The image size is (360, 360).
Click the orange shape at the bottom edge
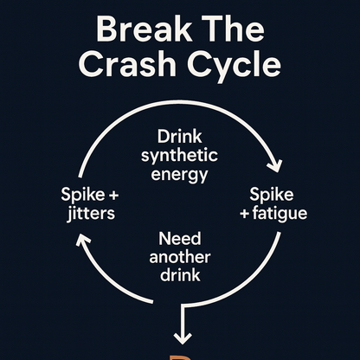tap(180, 356)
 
